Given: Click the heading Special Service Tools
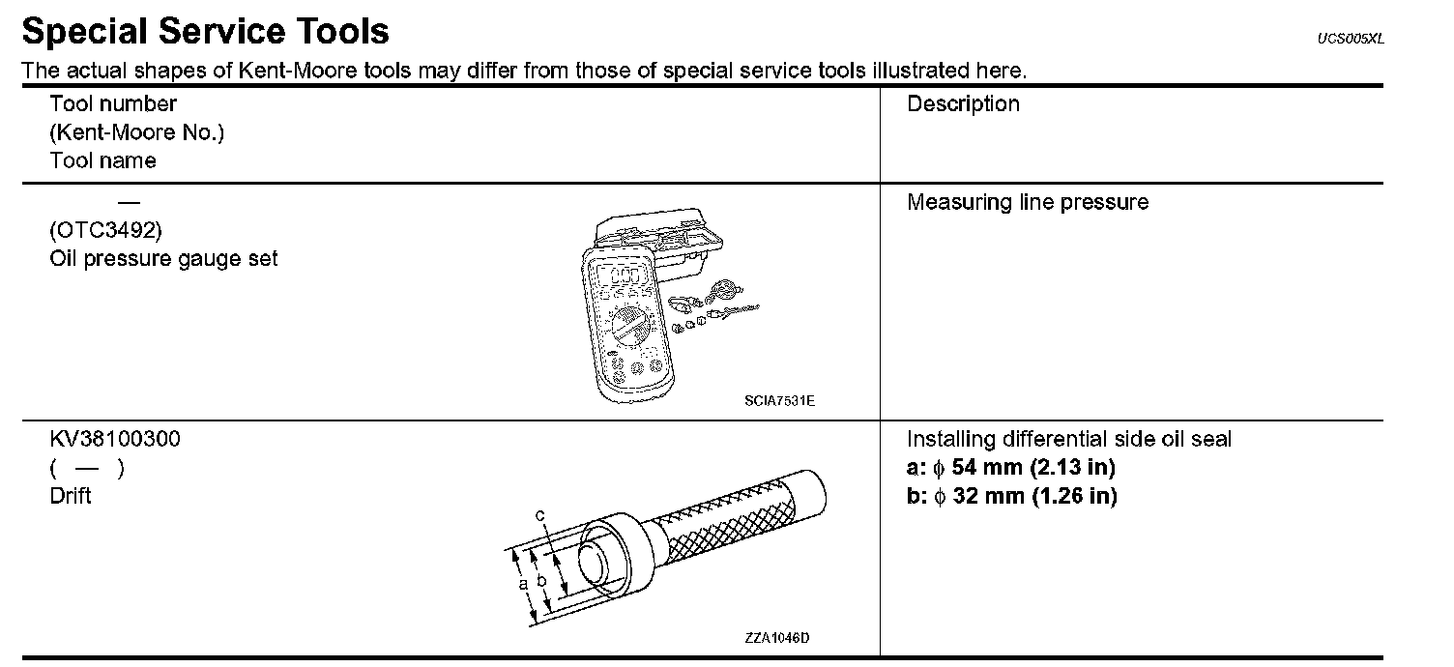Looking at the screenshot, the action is pyautogui.click(x=205, y=32).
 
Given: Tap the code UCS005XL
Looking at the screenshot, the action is pyautogui.click(x=1351, y=39).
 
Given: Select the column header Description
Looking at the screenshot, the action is pyautogui.click(x=963, y=104).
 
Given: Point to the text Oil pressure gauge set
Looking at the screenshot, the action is pyautogui.click(x=163, y=259).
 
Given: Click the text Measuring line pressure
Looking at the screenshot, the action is pyautogui.click(x=1028, y=203).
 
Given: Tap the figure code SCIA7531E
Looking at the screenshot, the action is pyautogui.click(x=779, y=400).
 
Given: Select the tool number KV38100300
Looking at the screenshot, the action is pyautogui.click(x=115, y=440).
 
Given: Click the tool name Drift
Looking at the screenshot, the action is pyautogui.click(x=71, y=496).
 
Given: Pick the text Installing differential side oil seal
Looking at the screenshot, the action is pyautogui.click(x=1069, y=440).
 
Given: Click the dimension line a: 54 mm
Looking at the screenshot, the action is pyautogui.click(x=1011, y=469).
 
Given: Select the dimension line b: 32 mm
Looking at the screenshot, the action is pyautogui.click(x=1011, y=497).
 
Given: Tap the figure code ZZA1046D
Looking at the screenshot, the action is pyautogui.click(x=776, y=638).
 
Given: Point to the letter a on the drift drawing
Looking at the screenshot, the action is pyautogui.click(x=522, y=584).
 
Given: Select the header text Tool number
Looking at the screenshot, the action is pyautogui.click(x=113, y=103).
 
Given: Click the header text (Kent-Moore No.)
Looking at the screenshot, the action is pyautogui.click(x=136, y=132).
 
